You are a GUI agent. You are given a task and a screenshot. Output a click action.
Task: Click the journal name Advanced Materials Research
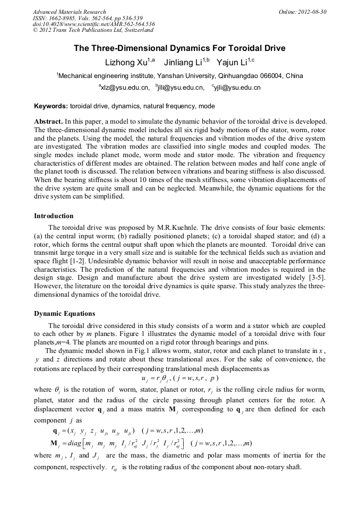[x=69, y=12]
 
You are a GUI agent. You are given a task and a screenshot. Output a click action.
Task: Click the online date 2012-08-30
[x=313, y=12]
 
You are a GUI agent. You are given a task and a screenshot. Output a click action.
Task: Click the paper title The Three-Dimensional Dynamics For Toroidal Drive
[x=179, y=48]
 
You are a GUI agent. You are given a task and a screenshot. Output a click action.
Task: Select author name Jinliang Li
[x=184, y=63]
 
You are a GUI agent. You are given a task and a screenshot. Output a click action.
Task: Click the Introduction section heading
[x=54, y=216]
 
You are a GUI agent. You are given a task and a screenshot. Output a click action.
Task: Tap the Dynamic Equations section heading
[x=64, y=313]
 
